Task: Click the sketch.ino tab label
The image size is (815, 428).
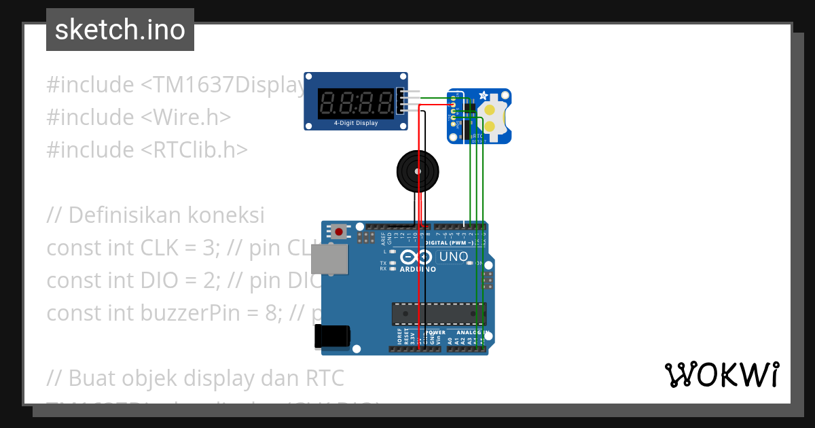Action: (x=120, y=30)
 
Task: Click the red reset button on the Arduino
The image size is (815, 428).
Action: (x=339, y=232)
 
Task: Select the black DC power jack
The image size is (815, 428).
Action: (x=332, y=337)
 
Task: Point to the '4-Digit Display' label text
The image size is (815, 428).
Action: (x=355, y=124)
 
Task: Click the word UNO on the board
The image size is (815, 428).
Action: (x=454, y=256)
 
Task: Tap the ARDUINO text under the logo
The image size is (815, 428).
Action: (x=418, y=268)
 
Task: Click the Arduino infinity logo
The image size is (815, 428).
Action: (x=417, y=257)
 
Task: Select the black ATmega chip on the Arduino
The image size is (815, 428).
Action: (x=438, y=313)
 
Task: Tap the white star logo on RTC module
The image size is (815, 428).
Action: (x=483, y=96)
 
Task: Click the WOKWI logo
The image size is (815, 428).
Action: (x=722, y=374)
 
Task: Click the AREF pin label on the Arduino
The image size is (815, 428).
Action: (x=383, y=237)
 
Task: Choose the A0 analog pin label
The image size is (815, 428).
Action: (x=450, y=340)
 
